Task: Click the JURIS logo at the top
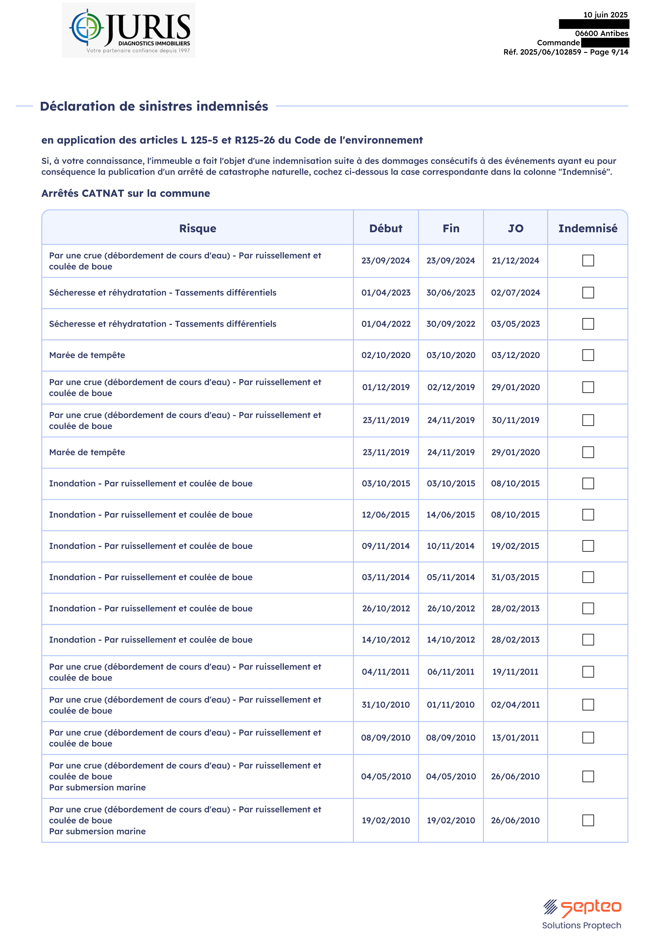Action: tap(129, 30)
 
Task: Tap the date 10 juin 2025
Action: tap(605, 15)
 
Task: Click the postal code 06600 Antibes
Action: tap(601, 33)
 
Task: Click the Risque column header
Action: tap(197, 228)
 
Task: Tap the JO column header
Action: tap(516, 228)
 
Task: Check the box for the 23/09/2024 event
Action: tap(588, 261)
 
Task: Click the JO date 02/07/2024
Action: tap(516, 293)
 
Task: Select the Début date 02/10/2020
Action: tap(386, 355)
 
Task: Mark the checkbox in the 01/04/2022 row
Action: tap(588, 324)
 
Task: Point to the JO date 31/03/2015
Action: tap(516, 577)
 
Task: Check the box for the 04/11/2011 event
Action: tap(588, 672)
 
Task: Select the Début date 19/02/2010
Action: tap(386, 820)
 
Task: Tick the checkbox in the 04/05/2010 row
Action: tap(588, 776)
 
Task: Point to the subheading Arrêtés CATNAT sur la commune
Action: tap(126, 193)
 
